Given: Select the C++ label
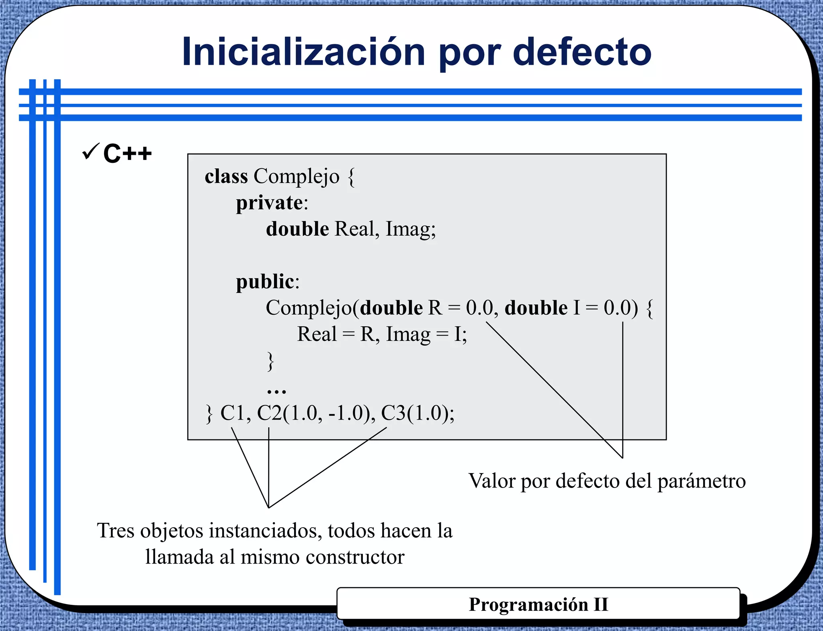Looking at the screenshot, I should [x=127, y=153].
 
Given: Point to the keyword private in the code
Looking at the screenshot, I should [x=269, y=202].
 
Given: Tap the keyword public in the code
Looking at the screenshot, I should [x=265, y=281].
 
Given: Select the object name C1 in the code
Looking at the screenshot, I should [x=233, y=413].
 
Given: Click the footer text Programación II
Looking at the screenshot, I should [x=538, y=604].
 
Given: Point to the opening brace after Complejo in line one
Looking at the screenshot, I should [x=351, y=177].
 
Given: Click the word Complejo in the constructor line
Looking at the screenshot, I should [x=309, y=308].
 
